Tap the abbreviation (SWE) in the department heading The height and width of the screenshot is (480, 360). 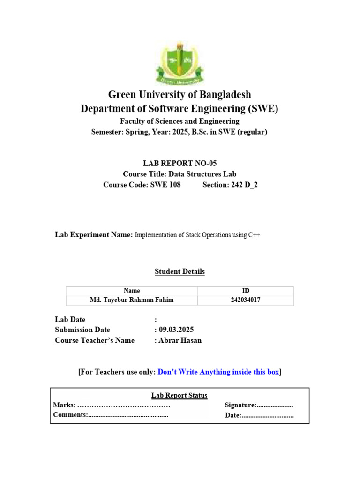(262, 109)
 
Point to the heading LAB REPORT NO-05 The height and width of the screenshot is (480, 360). (180, 163)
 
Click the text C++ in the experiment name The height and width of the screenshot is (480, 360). (254, 235)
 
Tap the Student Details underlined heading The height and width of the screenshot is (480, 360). (180, 271)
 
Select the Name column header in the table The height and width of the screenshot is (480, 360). (131, 291)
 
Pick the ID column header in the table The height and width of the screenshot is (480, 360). (246, 291)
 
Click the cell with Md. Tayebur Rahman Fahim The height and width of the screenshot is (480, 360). (131, 300)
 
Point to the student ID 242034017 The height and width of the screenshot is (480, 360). (246, 300)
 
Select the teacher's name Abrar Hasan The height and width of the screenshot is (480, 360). (180, 340)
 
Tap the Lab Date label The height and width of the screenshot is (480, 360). (70, 319)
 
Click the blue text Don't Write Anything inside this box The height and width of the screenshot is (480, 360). (218, 372)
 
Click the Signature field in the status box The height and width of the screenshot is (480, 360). (259, 405)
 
